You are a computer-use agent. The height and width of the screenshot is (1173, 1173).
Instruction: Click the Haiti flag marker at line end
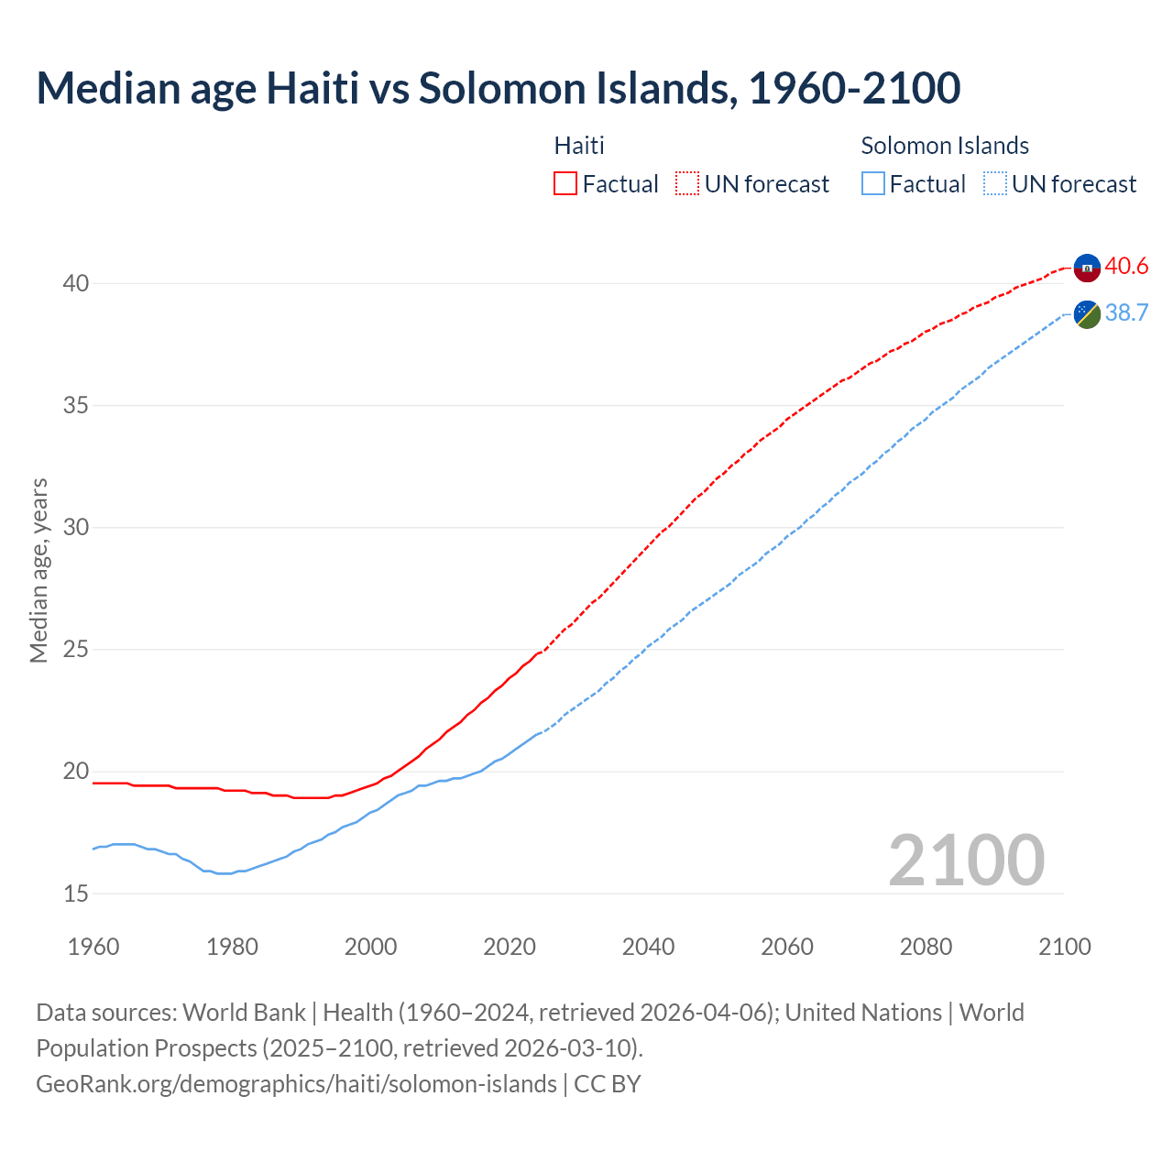pyautogui.click(x=1087, y=268)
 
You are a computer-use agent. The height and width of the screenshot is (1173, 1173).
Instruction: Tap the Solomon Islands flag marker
pyautogui.click(x=1087, y=313)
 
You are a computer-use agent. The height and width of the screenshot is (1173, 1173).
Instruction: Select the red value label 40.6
pyautogui.click(x=1126, y=267)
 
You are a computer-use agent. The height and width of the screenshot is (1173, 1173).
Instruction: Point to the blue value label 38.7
pyautogui.click(x=1126, y=313)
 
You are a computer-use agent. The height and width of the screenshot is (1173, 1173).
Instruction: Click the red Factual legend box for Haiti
pyautogui.click(x=565, y=184)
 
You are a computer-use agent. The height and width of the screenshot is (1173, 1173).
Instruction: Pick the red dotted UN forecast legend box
pyautogui.click(x=687, y=184)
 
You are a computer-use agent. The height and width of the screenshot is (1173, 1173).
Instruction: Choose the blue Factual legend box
pyautogui.click(x=873, y=184)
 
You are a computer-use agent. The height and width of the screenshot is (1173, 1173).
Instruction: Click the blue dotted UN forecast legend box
pyautogui.click(x=995, y=184)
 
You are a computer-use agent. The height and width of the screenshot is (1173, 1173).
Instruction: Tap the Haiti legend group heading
pyautogui.click(x=579, y=146)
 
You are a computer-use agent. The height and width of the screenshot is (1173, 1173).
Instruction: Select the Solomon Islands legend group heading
pyautogui.click(x=944, y=146)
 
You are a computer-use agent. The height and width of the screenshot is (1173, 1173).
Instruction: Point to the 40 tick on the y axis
pyautogui.click(x=75, y=284)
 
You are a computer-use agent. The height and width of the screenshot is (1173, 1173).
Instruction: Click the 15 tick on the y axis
pyautogui.click(x=75, y=893)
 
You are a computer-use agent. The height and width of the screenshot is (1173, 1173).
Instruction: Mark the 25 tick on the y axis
pyautogui.click(x=75, y=650)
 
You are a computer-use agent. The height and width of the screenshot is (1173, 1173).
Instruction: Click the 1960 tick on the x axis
pyautogui.click(x=93, y=947)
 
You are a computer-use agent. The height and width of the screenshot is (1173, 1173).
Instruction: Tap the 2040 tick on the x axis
pyautogui.click(x=648, y=947)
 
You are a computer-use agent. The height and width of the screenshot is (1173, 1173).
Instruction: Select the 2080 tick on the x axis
pyautogui.click(x=926, y=947)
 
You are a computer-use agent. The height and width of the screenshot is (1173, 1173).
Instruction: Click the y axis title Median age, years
pyautogui.click(x=38, y=570)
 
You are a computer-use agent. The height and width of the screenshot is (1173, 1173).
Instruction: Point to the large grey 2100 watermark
pyautogui.click(x=966, y=860)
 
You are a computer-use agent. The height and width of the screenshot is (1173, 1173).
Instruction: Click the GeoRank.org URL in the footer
pyautogui.click(x=296, y=1084)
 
